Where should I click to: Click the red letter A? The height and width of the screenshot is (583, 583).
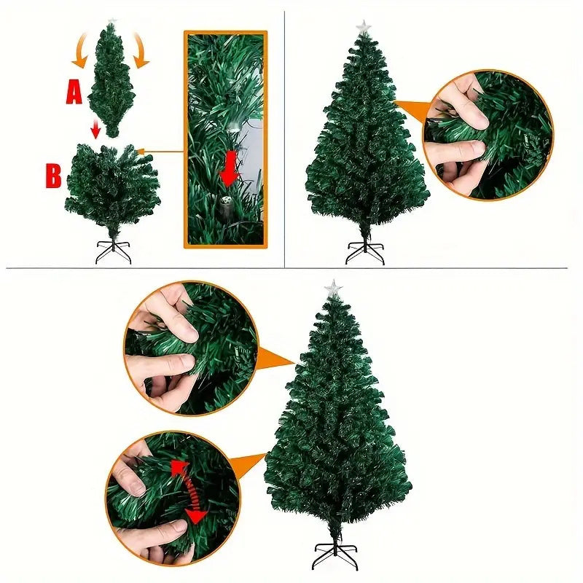coord(74,93)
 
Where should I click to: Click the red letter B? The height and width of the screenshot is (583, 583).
coord(53,176)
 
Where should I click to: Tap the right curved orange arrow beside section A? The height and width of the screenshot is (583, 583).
coord(141,51)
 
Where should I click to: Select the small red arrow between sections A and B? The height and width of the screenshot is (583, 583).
coord(96,129)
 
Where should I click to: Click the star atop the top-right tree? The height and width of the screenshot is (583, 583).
coord(363,27)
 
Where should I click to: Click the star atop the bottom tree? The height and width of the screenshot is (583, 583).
coord(332,287)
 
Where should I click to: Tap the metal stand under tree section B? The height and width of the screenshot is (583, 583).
coord(114,251)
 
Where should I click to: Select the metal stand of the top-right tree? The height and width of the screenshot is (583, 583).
coord(365,253)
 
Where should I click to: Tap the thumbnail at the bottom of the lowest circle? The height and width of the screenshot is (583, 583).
coord(176,528)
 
